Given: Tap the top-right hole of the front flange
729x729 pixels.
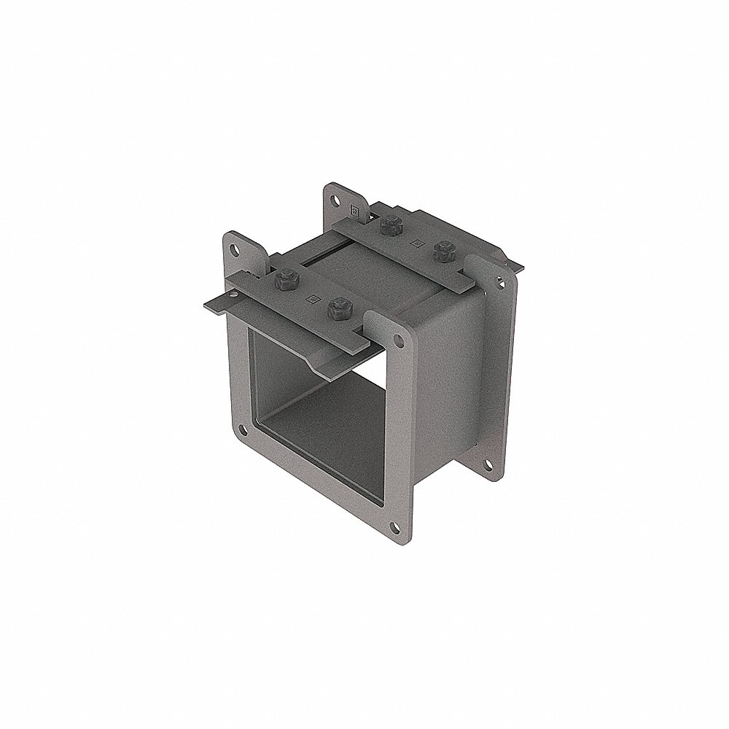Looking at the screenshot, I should click(x=397, y=340).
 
